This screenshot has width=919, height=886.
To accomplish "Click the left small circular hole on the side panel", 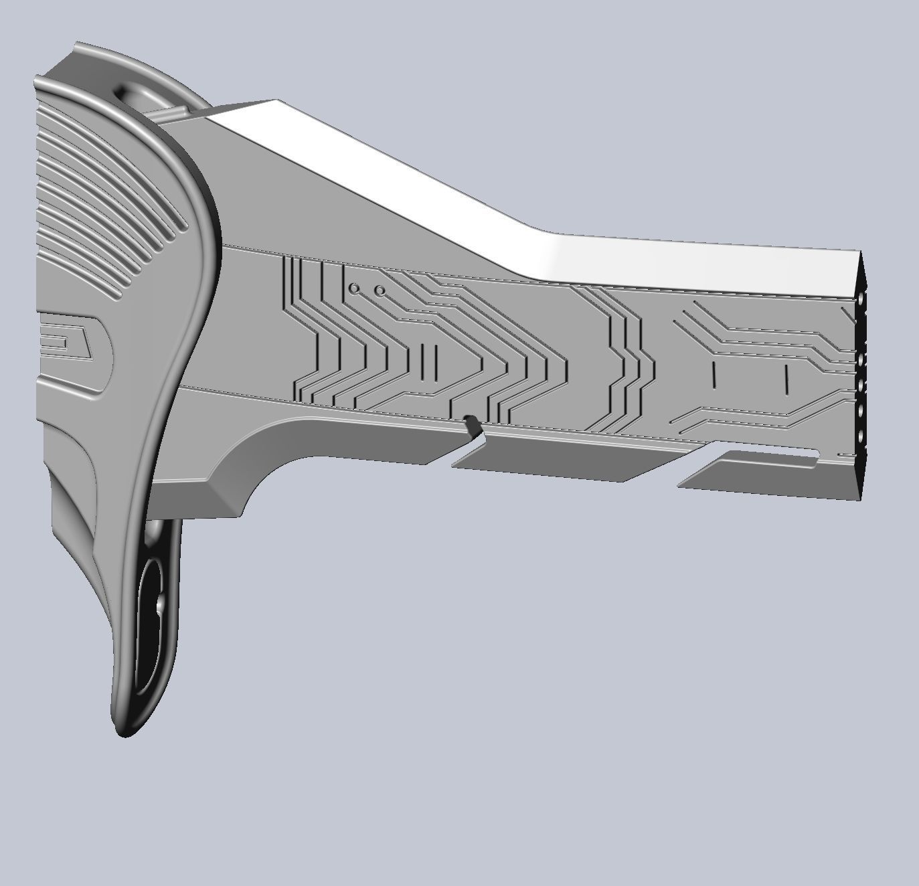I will coord(355,288).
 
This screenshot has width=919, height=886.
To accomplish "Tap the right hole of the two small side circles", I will coord(380,291).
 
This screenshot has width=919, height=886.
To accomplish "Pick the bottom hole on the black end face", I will coord(860,438).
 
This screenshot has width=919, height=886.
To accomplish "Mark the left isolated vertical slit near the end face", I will coord(714,375).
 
